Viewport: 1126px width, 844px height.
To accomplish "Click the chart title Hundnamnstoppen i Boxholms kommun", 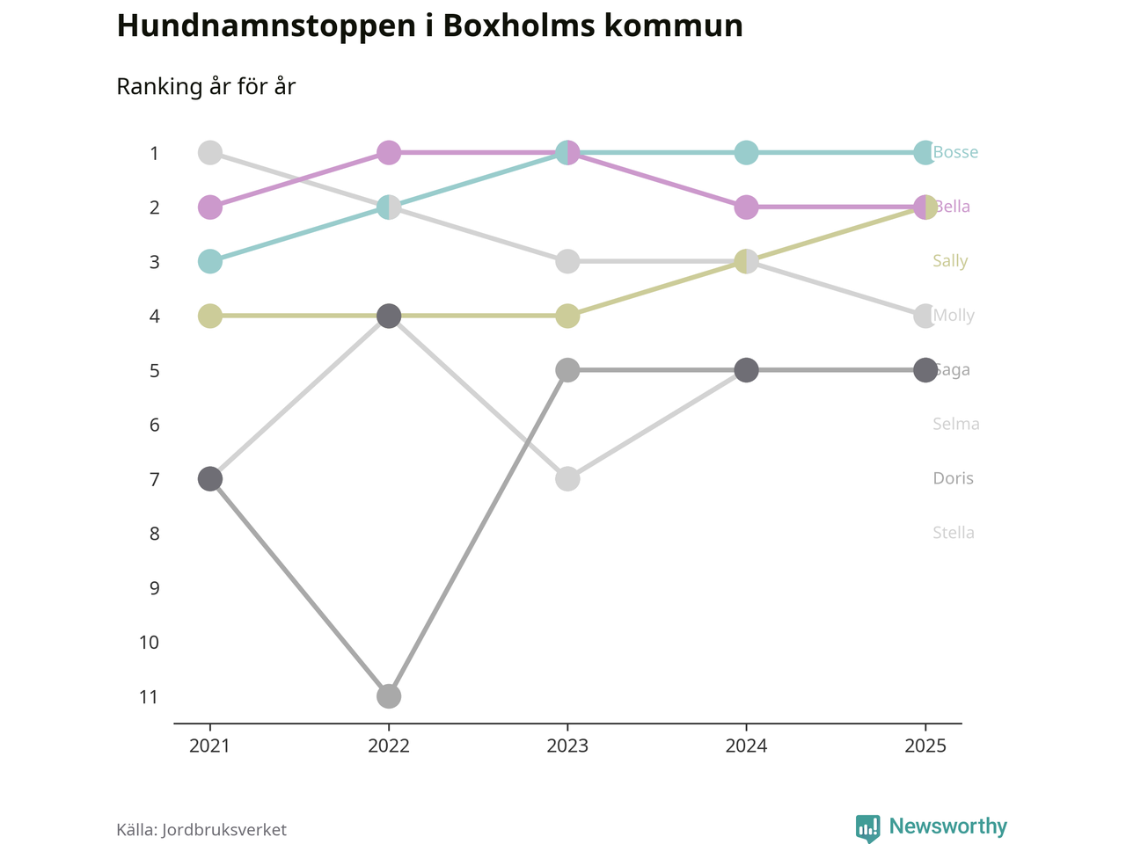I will coord(429,26).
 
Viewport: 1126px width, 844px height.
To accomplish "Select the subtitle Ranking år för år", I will coord(206,87).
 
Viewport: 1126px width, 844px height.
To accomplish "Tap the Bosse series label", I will coord(955,153).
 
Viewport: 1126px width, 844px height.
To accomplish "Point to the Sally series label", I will coord(950,261).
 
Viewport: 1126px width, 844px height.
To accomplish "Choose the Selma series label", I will coord(956,425).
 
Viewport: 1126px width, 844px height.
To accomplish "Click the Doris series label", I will coord(953,479).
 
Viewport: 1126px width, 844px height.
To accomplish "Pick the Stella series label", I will coord(954,534).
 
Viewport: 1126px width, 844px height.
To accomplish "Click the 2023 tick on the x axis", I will coord(567,746).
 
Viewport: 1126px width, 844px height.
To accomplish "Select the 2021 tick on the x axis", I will coord(209,746).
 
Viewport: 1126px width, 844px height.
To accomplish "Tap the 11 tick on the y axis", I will coord(149,697).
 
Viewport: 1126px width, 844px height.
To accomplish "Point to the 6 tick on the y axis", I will coord(154,426).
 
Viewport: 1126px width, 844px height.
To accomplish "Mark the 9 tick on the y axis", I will coord(154,588).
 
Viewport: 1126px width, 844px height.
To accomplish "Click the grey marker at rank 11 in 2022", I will coord(389,696).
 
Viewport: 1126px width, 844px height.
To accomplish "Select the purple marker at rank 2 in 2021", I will coord(209,207).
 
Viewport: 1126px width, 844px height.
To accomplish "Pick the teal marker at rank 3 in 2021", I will coord(209,261).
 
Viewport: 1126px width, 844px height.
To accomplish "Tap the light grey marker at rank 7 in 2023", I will coord(567,479).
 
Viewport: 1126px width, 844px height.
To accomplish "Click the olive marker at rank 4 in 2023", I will coord(567,316).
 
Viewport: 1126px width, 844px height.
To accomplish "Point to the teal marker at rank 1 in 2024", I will coord(746,153).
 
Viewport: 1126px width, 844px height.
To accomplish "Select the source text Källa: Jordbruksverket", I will coord(201,830).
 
